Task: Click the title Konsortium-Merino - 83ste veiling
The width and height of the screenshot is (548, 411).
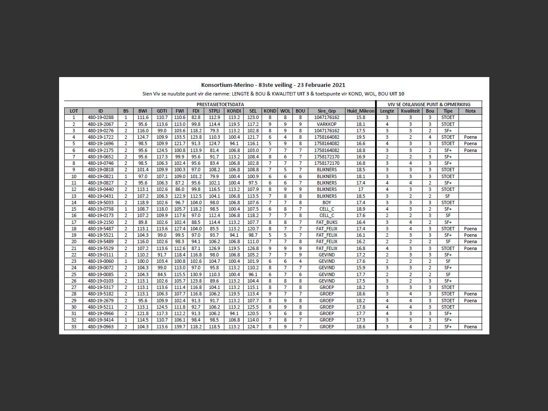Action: (x=273, y=85)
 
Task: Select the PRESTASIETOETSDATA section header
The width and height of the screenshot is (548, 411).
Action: (x=220, y=104)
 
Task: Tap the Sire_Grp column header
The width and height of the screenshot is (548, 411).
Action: (x=326, y=111)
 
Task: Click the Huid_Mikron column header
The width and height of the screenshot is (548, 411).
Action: (x=360, y=111)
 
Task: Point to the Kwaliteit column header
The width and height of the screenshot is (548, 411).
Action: (x=410, y=111)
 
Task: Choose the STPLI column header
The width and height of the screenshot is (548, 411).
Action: (x=214, y=111)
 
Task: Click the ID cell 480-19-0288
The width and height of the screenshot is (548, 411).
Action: (x=101, y=117)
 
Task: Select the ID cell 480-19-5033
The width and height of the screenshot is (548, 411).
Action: (x=101, y=203)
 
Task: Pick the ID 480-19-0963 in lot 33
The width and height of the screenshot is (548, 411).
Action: (x=101, y=327)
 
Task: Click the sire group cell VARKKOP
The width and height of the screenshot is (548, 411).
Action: (x=326, y=124)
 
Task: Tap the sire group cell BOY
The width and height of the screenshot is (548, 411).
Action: (x=326, y=203)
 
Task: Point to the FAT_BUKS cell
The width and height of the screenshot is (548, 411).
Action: (x=326, y=222)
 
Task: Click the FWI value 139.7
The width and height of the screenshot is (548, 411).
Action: (x=179, y=327)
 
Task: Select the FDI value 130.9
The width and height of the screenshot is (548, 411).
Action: (x=196, y=274)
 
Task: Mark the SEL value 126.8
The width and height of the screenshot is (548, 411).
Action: (x=253, y=248)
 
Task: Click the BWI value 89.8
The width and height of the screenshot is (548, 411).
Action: (x=142, y=222)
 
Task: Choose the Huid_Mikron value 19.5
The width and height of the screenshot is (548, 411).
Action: (x=360, y=137)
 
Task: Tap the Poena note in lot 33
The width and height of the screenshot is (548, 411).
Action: (x=470, y=327)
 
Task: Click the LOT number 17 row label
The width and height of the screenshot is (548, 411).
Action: (x=74, y=222)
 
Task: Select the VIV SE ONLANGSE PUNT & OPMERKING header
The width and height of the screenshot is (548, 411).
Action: (x=429, y=104)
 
